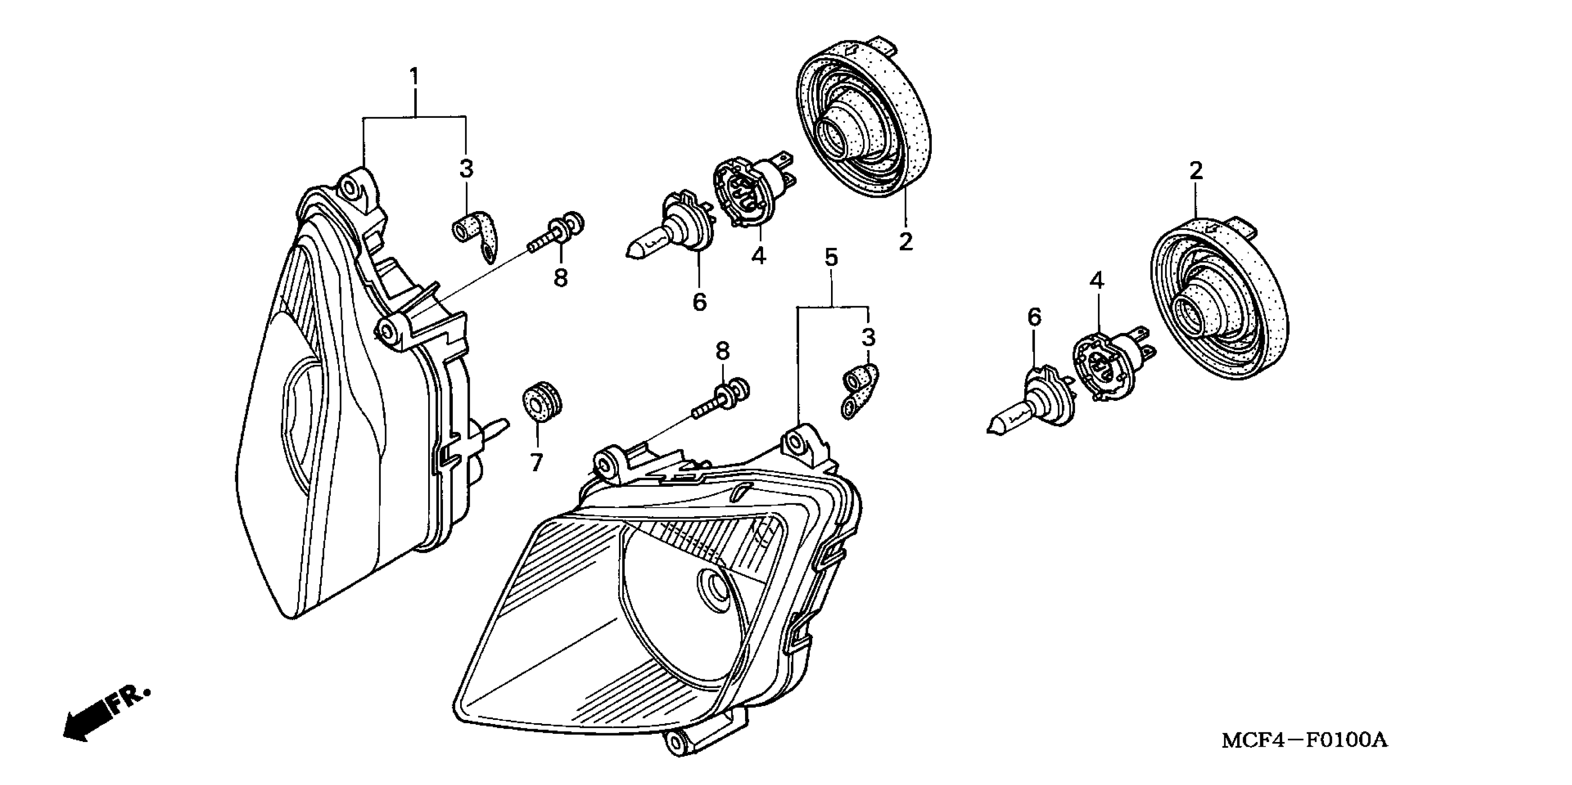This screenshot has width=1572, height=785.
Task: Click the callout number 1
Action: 414,78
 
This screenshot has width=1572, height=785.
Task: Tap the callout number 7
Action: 536,462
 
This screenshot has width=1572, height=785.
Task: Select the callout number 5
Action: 831,258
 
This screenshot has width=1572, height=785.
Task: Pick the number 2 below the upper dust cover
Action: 905,242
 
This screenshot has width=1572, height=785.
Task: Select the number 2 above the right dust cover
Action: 1196,171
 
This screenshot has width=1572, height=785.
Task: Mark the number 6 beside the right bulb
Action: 1034,317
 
